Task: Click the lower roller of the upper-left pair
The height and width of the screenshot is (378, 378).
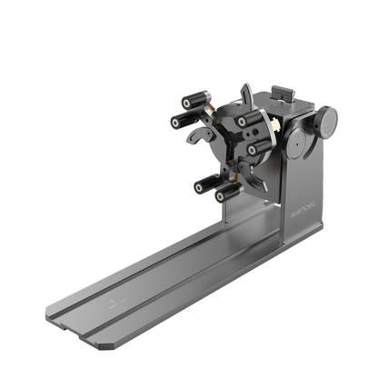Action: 178,120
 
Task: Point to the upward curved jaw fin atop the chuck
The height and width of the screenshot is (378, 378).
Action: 244,94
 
